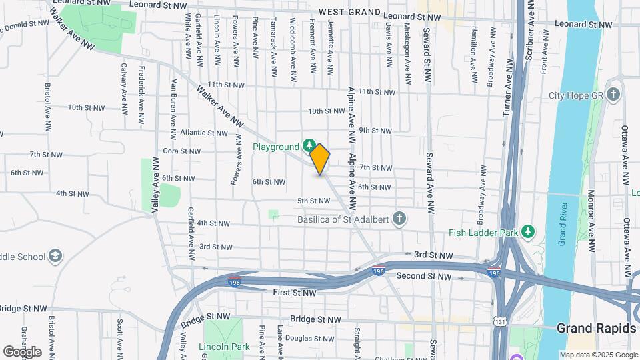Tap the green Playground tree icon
[x=309, y=145]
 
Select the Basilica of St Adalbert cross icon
[x=399, y=219]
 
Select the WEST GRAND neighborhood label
[x=350, y=13]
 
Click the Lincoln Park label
[x=224, y=347]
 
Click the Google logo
[x=22, y=351]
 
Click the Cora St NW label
[x=182, y=151]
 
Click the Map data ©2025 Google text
[x=598, y=355]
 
